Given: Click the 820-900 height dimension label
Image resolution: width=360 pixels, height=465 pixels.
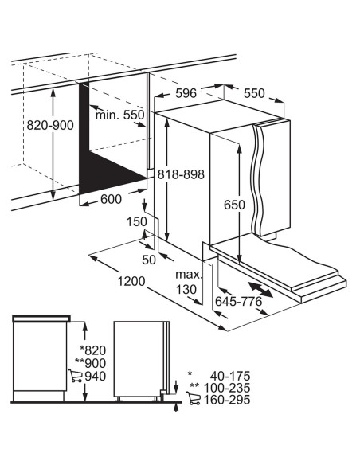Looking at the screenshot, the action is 50,125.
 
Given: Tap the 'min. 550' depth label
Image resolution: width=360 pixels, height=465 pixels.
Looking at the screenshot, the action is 119,115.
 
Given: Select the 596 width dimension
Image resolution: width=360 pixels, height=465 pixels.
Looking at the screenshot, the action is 186,93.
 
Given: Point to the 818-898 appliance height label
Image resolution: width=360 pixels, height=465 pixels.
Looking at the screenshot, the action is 181,174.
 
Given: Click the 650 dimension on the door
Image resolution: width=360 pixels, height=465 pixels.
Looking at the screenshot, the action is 234,205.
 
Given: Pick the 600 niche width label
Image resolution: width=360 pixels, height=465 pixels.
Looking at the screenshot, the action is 112,199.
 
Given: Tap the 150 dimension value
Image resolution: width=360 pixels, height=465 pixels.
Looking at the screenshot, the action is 137,221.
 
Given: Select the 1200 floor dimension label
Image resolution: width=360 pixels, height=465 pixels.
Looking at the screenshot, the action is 131,281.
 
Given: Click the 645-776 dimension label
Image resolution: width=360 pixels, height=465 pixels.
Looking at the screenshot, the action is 239,301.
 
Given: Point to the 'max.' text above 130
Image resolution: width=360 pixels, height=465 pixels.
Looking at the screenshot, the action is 189,275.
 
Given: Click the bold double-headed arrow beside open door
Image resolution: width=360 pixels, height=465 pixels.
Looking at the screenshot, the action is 260,290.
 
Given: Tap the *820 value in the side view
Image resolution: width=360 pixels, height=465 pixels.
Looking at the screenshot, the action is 93,350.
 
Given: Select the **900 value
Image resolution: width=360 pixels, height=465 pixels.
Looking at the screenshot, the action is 91,363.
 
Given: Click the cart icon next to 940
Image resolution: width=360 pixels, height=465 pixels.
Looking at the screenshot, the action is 76,376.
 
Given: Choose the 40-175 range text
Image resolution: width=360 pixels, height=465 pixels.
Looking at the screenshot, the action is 230,376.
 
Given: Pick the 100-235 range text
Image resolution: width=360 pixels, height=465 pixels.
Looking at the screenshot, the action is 227,388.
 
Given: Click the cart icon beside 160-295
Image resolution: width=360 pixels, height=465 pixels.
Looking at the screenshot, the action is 194,398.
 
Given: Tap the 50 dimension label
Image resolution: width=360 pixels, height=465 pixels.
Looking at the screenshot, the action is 149,260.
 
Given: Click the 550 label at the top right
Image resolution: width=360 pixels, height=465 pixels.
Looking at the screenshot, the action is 254,93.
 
